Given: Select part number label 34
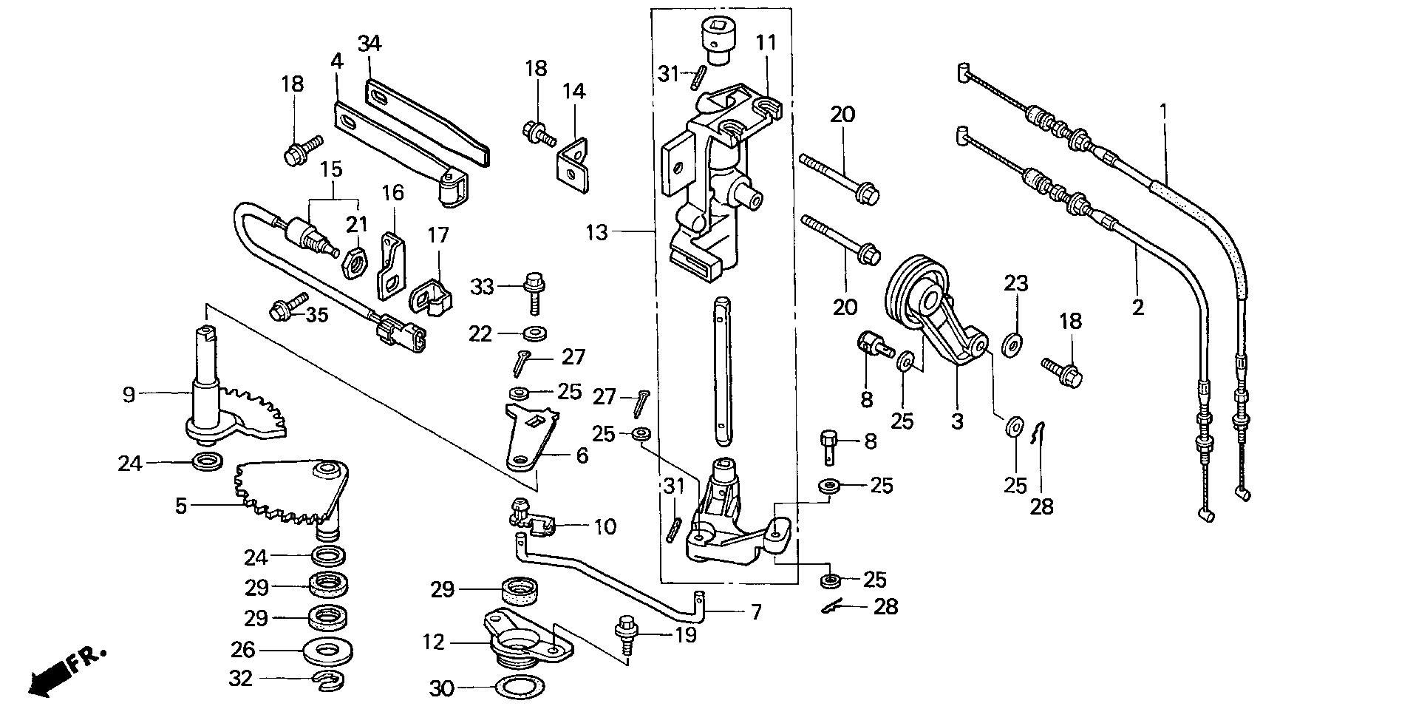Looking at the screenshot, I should coord(370,44).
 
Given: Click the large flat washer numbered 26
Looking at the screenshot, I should coord(327,651).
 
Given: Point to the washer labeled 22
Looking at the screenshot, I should coord(534,333).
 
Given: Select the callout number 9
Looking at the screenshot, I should coord(129,395).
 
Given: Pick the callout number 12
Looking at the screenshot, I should coord(435,642).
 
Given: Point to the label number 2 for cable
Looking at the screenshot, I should coord(1138,306).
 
